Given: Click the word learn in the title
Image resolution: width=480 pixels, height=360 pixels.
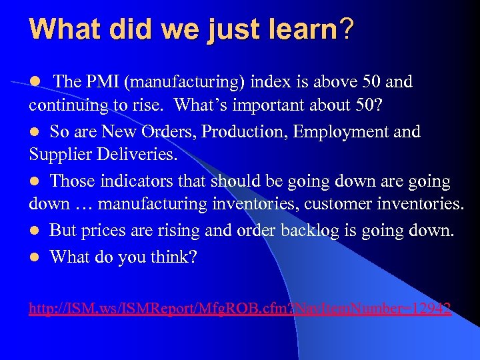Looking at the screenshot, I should [x=295, y=29].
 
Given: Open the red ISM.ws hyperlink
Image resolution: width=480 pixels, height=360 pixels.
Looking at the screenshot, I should [x=239, y=309].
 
